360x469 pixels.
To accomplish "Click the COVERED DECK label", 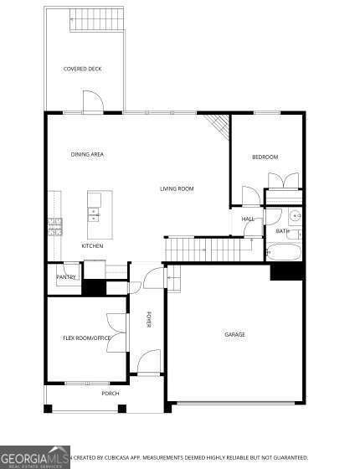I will click(82, 69).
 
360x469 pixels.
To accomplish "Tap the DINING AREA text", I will click(87, 155).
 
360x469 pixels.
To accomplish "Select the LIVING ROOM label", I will click(177, 188).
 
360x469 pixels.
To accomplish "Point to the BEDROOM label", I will click(265, 157).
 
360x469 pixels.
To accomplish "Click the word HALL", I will click(248, 219).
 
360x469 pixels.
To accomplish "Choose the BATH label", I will click(282, 231).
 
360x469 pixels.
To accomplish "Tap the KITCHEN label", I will click(92, 245).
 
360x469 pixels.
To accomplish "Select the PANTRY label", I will click(66, 277).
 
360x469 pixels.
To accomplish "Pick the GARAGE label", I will click(234, 334).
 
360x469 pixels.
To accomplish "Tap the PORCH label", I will click(110, 393).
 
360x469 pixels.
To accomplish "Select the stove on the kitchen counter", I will click(56, 223).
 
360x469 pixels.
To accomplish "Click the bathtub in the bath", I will click(284, 250).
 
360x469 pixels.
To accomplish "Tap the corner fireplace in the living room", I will click(219, 126).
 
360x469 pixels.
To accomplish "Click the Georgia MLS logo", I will click(33, 458).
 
